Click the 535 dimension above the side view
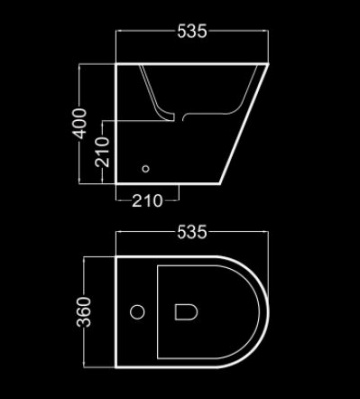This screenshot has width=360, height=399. (x=191, y=32)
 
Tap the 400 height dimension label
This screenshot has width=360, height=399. (x=81, y=123)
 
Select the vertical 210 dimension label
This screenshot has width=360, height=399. (x=102, y=152)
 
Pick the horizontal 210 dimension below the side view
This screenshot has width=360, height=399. (x=147, y=200)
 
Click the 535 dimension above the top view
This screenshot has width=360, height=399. (x=191, y=232)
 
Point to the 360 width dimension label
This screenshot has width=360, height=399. (x=84, y=312)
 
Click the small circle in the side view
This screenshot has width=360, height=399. (x=146, y=169)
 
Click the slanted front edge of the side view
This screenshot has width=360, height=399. (x=244, y=124)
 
